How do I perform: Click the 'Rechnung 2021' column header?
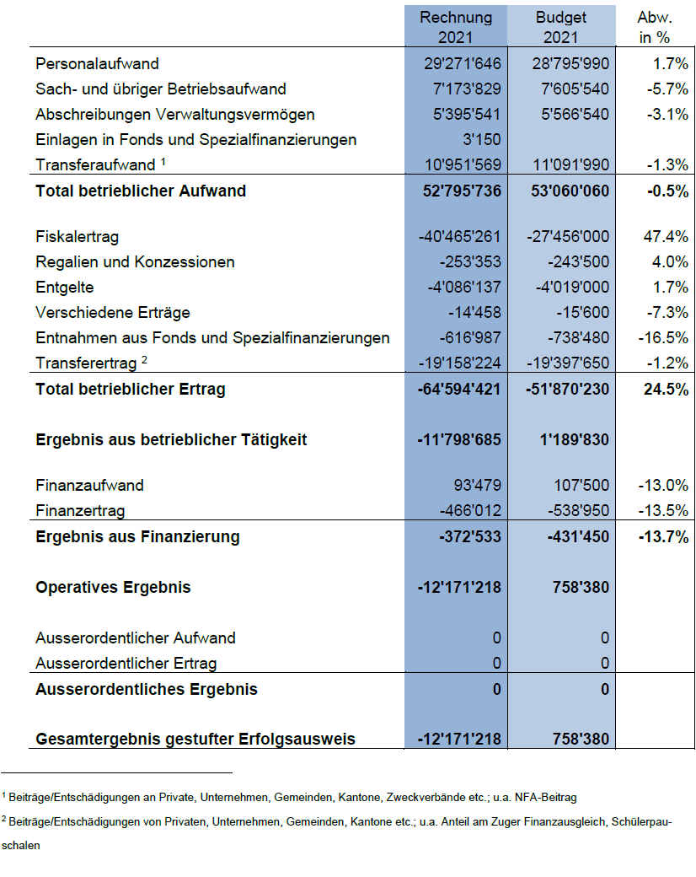coord(456,27)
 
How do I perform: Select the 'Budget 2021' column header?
coord(560,27)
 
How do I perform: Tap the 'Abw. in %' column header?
coord(655,27)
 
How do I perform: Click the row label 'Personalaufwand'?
coord(97,63)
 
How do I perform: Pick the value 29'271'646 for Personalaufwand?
coord(463,63)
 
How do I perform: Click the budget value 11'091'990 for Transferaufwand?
coord(570,165)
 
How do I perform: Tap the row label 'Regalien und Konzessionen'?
coord(135,262)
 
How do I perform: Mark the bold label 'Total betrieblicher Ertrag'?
coord(130,389)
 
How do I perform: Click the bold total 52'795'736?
coord(462,191)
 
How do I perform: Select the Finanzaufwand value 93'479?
coord(476,486)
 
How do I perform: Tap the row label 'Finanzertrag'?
coord(80,511)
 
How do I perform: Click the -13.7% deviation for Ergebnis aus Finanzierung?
coord(662,536)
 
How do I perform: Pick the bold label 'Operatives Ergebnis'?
coord(113,587)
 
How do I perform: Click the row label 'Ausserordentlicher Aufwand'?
coord(136,638)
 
